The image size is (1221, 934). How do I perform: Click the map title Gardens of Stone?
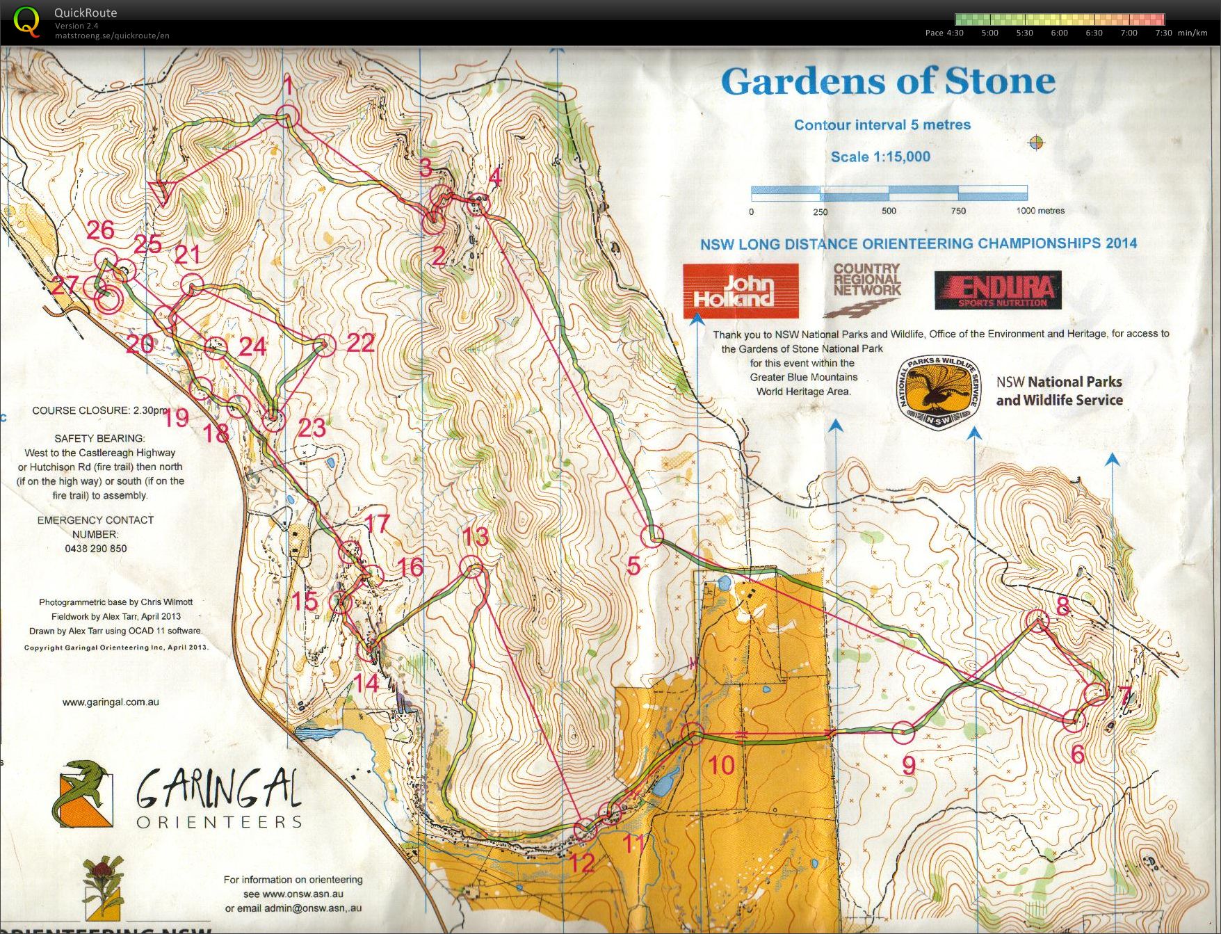[888, 81]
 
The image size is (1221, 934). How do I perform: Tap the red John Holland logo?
[740, 291]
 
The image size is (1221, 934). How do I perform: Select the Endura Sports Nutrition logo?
[998, 290]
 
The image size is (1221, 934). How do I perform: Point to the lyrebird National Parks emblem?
[939, 394]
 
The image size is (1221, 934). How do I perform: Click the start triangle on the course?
[162, 191]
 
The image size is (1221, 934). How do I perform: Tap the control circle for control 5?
[652, 536]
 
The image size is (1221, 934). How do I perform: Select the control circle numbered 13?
[474, 567]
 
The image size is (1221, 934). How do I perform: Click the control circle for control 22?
[324, 345]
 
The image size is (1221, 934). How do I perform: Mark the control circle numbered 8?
[1037, 620]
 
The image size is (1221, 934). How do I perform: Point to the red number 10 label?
[721, 765]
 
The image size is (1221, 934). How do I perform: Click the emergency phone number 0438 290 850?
[96, 549]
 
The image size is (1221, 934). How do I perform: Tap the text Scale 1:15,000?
[880, 156]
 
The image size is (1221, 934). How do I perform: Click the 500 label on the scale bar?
[889, 211]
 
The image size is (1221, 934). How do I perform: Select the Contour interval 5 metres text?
[882, 125]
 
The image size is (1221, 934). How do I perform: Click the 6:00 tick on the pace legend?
[1059, 33]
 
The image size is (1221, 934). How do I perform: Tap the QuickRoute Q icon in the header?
[26, 21]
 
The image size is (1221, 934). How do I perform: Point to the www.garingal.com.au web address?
[111, 702]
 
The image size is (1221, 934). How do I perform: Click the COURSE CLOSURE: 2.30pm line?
[100, 410]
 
